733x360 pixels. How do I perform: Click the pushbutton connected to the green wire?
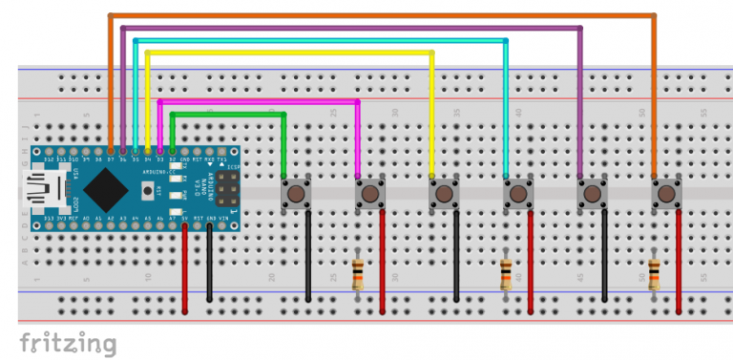tap(296, 195)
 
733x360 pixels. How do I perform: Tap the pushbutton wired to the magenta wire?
tap(370, 195)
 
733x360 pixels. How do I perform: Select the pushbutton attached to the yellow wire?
tap(444, 195)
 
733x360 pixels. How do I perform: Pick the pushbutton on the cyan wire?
tap(518, 195)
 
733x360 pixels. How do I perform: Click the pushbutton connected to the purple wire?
tap(593, 195)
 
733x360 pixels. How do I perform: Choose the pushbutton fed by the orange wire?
tap(666, 195)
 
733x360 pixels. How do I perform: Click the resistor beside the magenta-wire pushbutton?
tap(358, 275)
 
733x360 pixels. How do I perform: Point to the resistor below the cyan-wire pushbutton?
tap(506, 275)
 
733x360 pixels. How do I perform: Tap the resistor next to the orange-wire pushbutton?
tap(654, 275)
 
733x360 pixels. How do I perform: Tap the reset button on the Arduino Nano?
tap(148, 191)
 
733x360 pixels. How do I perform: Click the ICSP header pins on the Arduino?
tap(226, 189)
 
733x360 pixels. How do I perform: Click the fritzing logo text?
tap(68, 342)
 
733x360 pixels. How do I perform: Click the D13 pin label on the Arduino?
tap(49, 220)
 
